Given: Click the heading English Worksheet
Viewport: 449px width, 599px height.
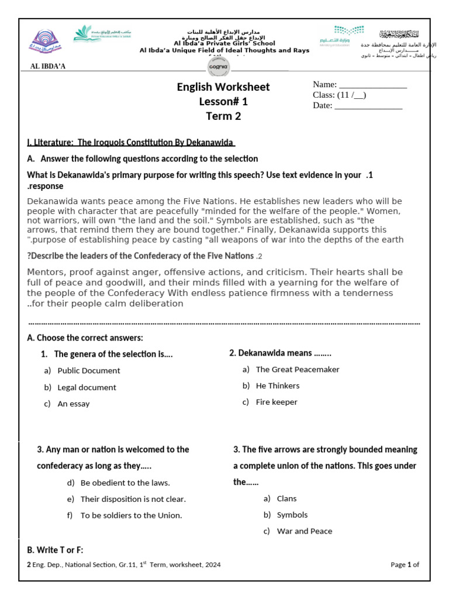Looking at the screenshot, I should click(223, 87).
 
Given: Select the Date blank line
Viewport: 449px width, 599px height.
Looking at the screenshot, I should click(368, 106).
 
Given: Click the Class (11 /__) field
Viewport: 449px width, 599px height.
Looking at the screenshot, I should click(340, 95).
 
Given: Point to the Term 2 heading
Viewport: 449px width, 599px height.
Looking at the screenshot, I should click(223, 116).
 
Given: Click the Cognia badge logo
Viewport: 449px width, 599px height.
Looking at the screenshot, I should click(223, 65).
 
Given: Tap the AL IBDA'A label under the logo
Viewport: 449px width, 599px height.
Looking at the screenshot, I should click(48, 66).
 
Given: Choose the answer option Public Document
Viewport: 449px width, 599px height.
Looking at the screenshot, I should click(89, 371).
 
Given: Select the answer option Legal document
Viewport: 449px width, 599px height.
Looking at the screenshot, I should click(87, 387).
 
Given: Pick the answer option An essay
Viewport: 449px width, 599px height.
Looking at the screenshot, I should click(74, 404).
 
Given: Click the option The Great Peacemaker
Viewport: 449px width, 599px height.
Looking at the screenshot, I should click(298, 370).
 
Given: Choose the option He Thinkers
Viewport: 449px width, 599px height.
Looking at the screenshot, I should click(278, 386).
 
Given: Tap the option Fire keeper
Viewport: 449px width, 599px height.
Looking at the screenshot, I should click(277, 402).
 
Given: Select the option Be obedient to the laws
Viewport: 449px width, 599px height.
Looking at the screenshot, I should click(125, 483).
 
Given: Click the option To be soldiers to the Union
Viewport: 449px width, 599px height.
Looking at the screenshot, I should click(132, 515).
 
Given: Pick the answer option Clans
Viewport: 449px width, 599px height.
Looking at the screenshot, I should click(286, 499).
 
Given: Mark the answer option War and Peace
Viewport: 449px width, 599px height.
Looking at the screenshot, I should click(304, 532).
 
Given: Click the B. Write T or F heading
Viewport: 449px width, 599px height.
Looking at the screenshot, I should click(56, 550).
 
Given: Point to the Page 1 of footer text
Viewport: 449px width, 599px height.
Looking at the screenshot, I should click(405, 565).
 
